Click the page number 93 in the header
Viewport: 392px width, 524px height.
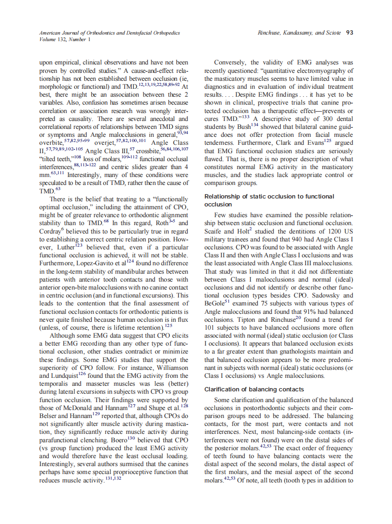pyautogui.click(x=349, y=33)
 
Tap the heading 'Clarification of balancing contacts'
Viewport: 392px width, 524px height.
pyautogui.click(x=254, y=389)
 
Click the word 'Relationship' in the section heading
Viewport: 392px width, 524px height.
pyautogui.click(x=223, y=196)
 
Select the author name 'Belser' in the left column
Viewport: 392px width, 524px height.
pyautogui.click(x=50, y=415)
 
